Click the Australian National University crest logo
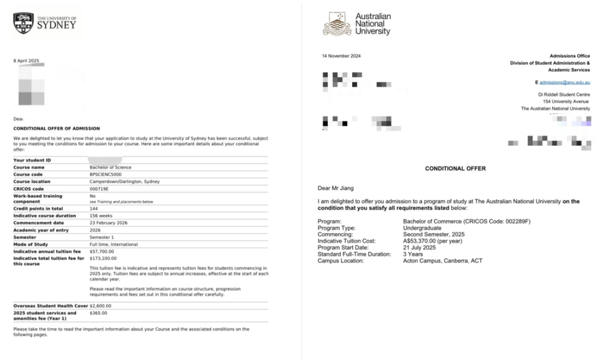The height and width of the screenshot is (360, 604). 337,24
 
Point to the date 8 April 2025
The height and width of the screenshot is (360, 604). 26,61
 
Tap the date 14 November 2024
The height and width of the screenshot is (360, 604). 341,56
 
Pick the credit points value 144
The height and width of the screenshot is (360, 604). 93,208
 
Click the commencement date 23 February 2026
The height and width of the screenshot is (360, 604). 109,222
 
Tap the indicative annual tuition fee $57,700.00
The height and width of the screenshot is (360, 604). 102,251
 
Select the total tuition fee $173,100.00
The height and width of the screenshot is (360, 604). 103,258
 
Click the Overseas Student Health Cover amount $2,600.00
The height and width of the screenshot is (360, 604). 100,306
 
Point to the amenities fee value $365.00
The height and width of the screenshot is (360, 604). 97,313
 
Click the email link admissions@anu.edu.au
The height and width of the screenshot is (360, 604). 564,83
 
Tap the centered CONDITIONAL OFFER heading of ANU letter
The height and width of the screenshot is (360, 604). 455,169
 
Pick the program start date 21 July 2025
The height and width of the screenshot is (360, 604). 421,247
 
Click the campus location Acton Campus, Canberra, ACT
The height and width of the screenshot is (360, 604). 442,260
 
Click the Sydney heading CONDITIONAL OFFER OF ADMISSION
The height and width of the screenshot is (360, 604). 57,128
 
